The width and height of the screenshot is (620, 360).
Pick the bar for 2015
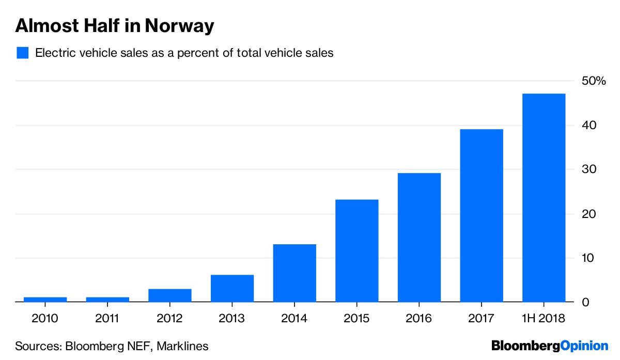tap(357, 251)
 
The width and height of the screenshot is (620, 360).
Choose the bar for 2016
tap(419, 237)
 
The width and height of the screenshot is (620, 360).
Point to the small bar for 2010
tap(45, 299)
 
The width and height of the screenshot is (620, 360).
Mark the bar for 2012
tap(170, 295)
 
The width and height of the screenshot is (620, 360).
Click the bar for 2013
tap(233, 288)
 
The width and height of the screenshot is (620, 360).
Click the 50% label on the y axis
tap(593, 81)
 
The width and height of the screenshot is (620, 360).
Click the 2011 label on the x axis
tap(108, 318)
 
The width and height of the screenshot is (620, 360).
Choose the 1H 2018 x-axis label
tap(544, 318)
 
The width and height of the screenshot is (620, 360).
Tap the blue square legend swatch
tap(22, 53)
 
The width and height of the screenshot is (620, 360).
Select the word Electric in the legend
tap(54, 53)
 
